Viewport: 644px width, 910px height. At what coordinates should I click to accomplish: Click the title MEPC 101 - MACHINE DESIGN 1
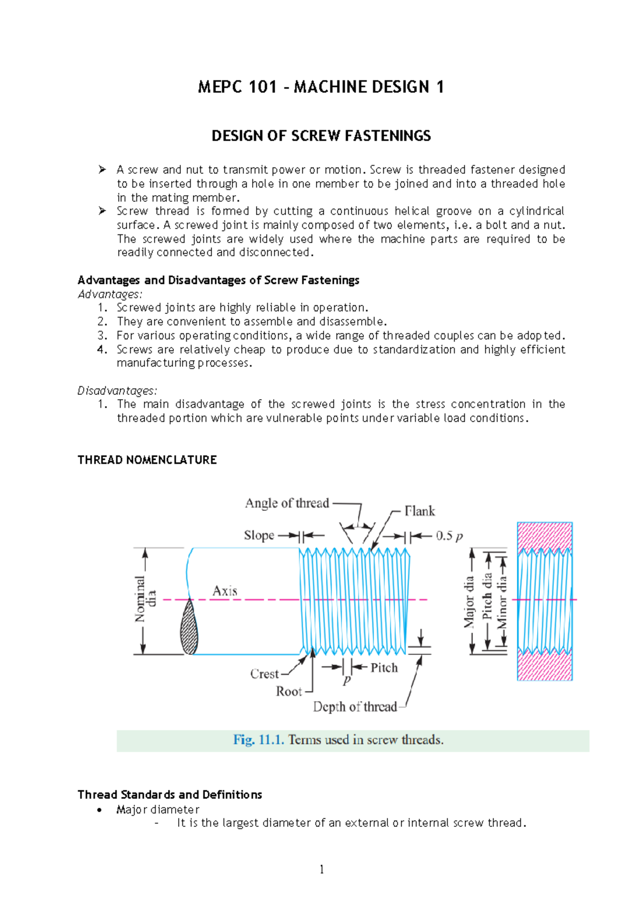(x=321, y=87)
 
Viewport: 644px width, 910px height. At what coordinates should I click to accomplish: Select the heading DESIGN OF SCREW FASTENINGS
(x=321, y=136)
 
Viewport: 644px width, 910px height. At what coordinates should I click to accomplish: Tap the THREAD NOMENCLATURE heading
(x=147, y=460)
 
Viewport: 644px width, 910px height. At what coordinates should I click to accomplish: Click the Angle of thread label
(x=287, y=503)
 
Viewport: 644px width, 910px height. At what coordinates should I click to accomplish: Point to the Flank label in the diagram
(x=420, y=511)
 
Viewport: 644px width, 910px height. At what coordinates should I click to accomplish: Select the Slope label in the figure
(x=259, y=535)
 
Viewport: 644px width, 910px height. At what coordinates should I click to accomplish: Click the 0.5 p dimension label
(x=449, y=536)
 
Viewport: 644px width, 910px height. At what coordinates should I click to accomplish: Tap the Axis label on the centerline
(x=225, y=591)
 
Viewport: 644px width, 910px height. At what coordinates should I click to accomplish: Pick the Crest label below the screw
(x=265, y=674)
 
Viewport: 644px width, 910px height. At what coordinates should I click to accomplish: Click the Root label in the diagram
(x=289, y=692)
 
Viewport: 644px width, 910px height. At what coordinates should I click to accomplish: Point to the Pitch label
(x=384, y=668)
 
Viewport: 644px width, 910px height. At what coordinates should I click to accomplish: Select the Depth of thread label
(x=355, y=707)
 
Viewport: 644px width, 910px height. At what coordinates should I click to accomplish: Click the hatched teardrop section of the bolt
(x=189, y=628)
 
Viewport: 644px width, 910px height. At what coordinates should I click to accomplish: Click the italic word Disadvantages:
(x=117, y=391)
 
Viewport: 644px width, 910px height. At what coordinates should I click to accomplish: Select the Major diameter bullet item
(x=158, y=809)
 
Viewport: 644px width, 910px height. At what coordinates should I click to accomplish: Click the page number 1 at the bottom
(x=321, y=870)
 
